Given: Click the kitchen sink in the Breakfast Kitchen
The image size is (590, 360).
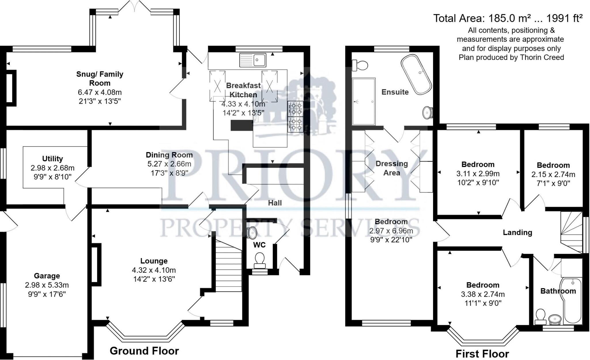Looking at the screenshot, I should click(x=253, y=60).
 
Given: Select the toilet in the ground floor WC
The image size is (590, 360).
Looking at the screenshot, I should click(x=260, y=259).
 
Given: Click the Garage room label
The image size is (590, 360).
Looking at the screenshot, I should click(x=47, y=276).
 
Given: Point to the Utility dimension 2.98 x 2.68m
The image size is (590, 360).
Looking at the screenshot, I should click(x=52, y=168).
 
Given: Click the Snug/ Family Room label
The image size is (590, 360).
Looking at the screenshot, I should click(x=100, y=78).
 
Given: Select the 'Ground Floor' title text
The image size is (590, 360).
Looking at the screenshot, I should click(x=144, y=351).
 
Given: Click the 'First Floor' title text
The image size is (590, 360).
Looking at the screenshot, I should click(x=482, y=354).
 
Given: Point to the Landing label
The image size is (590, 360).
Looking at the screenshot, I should click(x=517, y=232).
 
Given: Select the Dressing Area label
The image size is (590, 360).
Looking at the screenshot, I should click(x=392, y=168).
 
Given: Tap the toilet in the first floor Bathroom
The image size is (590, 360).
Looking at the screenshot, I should click(x=540, y=316).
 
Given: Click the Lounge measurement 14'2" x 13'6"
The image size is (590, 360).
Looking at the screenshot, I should click(x=154, y=279).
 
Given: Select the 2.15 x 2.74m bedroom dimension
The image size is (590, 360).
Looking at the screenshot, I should click(x=553, y=174).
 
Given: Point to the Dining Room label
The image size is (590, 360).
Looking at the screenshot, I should click(x=169, y=155).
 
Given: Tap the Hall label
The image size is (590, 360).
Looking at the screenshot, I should click(x=275, y=203).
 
